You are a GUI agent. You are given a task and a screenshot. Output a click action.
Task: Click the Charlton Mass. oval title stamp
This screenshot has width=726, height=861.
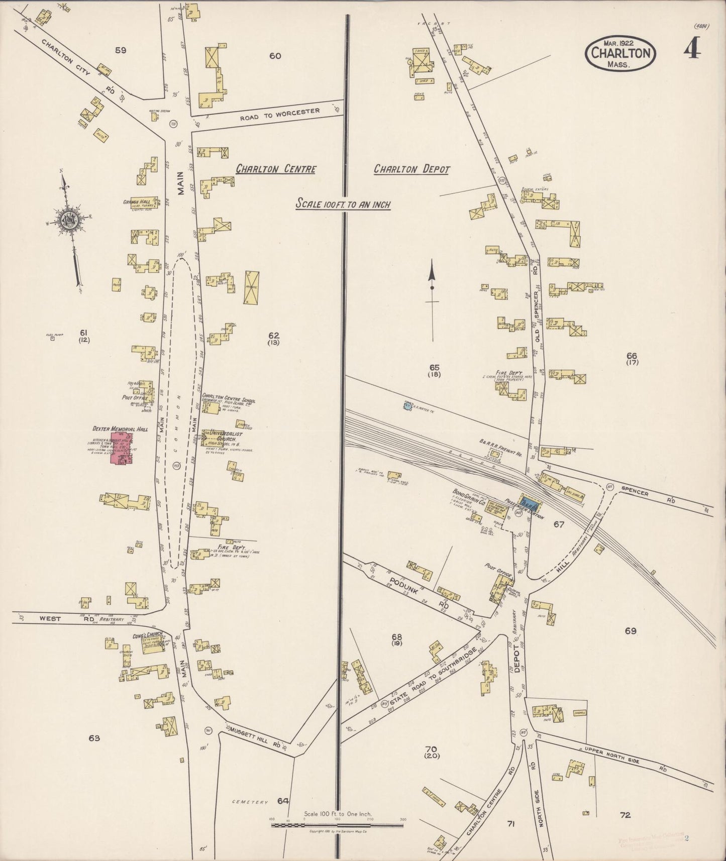[x=620, y=53]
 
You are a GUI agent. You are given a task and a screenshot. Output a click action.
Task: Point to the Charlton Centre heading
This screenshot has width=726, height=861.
[x=276, y=169]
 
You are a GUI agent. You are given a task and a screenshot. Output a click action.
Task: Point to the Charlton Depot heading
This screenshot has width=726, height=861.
[x=411, y=169]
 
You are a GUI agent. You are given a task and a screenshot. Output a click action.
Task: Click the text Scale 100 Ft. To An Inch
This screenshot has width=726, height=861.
[x=343, y=204]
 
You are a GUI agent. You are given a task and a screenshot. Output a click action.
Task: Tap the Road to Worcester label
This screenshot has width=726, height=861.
[x=279, y=114]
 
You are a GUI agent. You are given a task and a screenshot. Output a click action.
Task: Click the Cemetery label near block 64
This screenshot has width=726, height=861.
[x=251, y=802]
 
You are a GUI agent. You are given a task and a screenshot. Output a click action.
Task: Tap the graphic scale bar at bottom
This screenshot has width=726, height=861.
[x=337, y=825]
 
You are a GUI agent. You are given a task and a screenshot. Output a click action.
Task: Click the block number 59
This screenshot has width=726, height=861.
[x=121, y=50]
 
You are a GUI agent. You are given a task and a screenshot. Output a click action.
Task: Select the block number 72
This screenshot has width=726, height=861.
[x=625, y=815]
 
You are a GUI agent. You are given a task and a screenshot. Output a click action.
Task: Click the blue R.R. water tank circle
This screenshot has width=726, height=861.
[x=407, y=404]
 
